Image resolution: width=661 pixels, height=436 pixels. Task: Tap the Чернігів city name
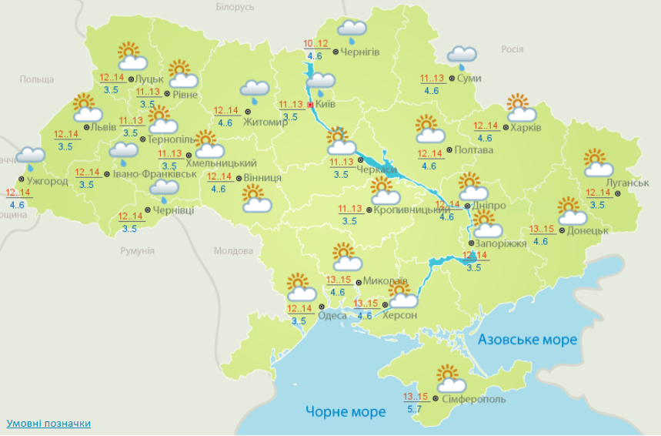click(x=359, y=52)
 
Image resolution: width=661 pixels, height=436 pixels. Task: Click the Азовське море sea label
click(x=527, y=340)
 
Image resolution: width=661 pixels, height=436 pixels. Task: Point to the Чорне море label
click(x=346, y=412)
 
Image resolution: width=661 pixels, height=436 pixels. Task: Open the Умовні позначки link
click(x=48, y=424)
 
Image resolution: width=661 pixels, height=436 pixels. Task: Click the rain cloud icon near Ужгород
click(x=30, y=158)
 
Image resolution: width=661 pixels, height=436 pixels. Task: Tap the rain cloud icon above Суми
click(x=462, y=56)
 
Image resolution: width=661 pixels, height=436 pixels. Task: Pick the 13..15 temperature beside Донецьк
click(x=542, y=228)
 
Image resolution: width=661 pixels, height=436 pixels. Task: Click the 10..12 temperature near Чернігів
click(x=315, y=43)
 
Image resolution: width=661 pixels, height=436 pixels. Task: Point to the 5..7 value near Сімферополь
click(x=414, y=409)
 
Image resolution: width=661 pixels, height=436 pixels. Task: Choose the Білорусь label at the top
click(x=235, y=7)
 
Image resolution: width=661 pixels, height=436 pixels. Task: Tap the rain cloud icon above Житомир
click(x=254, y=91)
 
